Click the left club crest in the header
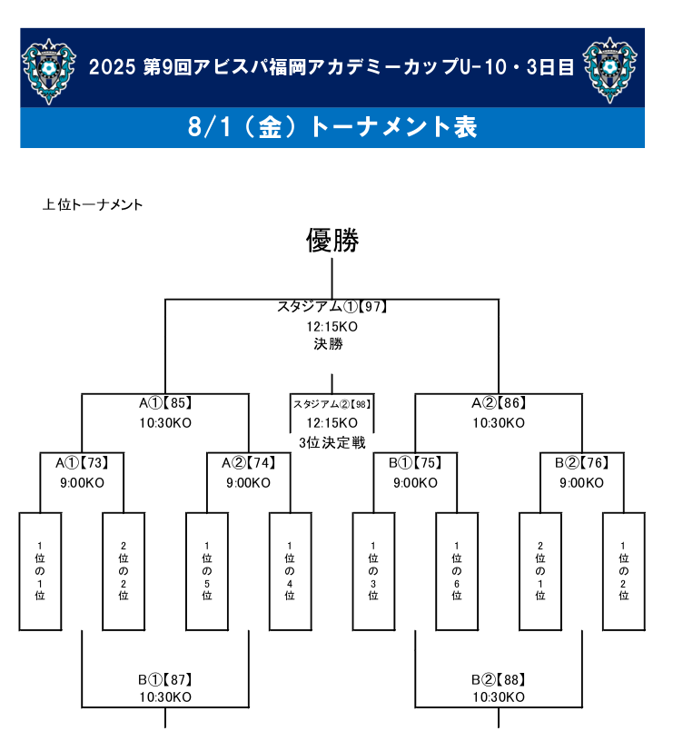(x=48, y=71)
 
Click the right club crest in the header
(x=609, y=70)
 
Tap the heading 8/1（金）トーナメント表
(x=332, y=127)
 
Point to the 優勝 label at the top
(x=332, y=240)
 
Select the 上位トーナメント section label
(x=93, y=204)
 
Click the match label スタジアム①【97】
(x=332, y=307)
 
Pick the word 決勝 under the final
(x=329, y=343)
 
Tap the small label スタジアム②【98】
(x=332, y=404)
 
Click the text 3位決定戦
(x=332, y=443)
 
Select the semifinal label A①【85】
(x=165, y=403)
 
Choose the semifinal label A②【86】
(x=500, y=403)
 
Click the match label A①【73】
(x=83, y=462)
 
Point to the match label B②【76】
(x=582, y=462)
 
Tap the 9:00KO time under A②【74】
(x=249, y=483)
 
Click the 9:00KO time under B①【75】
(x=415, y=483)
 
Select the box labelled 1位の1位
(x=40, y=571)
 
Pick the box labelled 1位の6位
(x=457, y=571)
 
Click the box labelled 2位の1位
(x=540, y=571)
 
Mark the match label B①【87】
(x=165, y=679)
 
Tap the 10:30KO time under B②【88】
(x=500, y=697)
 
